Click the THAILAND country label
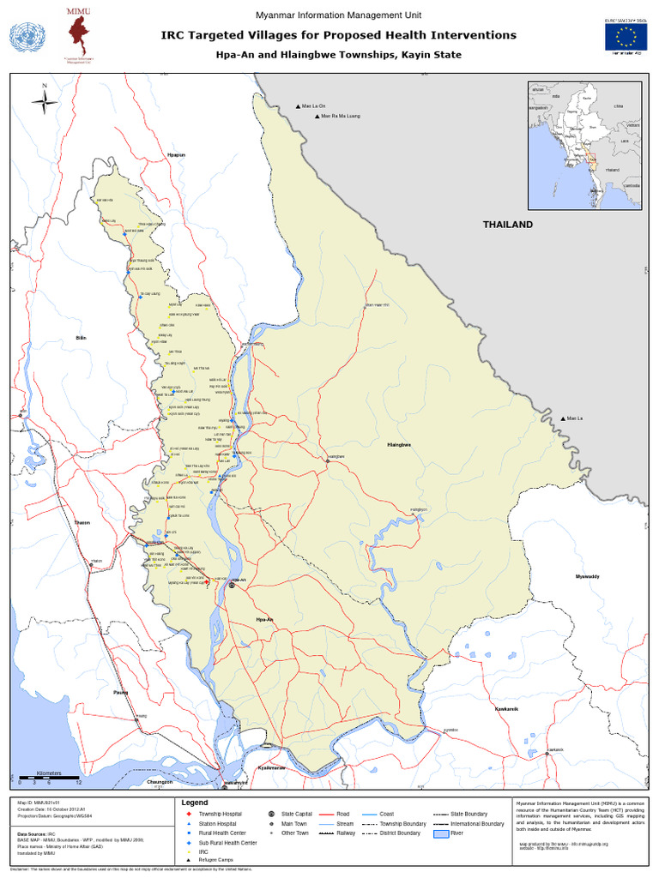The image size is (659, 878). coord(507,225)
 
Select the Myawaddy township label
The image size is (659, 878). coord(588,576)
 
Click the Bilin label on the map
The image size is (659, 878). coord(82,338)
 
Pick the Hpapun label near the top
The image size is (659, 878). coord(176,155)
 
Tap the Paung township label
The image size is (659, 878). coord(119,690)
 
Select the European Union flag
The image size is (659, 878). coord(626,35)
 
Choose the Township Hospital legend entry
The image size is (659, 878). coord(219,813)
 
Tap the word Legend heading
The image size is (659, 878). coord(196,803)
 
